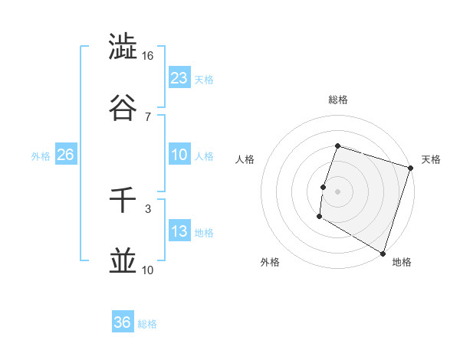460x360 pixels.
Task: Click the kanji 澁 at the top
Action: click(x=123, y=46)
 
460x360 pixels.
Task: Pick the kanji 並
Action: click(x=123, y=260)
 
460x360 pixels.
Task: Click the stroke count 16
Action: click(x=148, y=55)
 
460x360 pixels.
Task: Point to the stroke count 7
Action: click(x=148, y=116)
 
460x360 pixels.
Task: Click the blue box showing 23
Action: click(x=179, y=77)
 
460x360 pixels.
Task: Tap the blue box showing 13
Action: click(x=179, y=231)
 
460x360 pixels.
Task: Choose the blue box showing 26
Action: click(x=65, y=155)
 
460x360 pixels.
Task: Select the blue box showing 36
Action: click(x=123, y=322)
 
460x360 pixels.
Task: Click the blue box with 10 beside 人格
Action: click(x=179, y=155)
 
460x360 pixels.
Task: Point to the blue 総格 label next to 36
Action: click(x=148, y=324)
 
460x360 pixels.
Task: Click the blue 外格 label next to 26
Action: click(x=41, y=155)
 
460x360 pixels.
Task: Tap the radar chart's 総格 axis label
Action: click(x=338, y=100)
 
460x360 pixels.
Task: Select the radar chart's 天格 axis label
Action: click(x=432, y=159)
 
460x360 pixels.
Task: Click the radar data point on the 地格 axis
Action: click(x=383, y=252)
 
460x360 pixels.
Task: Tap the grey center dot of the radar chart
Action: click(x=338, y=191)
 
